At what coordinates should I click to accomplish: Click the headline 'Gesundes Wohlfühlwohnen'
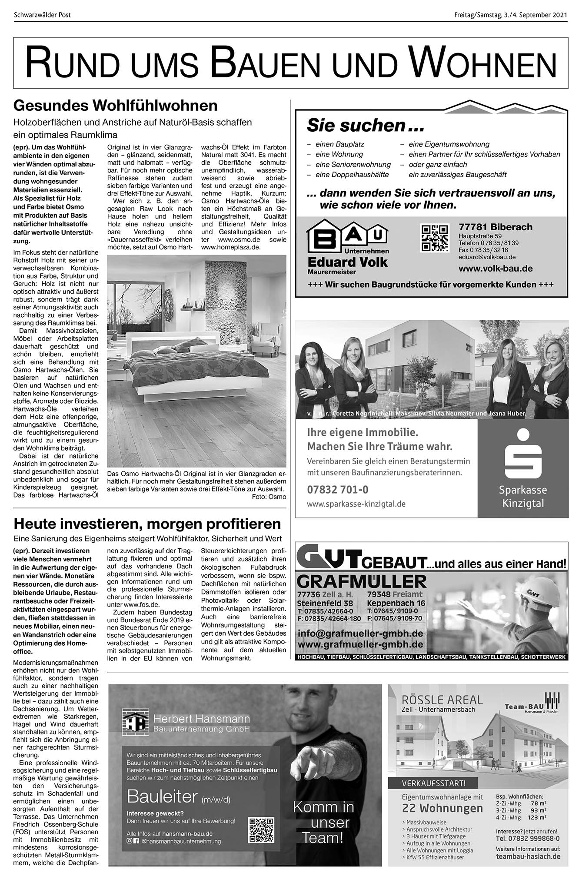pyautogui.click(x=115, y=106)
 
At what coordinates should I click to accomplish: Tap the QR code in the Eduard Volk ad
pyautogui.click(x=434, y=238)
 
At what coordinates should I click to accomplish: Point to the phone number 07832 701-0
pyautogui.click(x=337, y=490)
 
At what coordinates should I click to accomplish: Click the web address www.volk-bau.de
pyautogui.click(x=496, y=269)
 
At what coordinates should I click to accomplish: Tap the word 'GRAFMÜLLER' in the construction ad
pyautogui.click(x=362, y=582)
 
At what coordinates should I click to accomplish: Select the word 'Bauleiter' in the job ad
pyautogui.click(x=162, y=796)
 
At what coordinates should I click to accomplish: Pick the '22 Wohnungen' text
pyautogui.click(x=443, y=809)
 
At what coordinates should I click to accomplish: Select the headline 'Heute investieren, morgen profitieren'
pyautogui.click(x=147, y=524)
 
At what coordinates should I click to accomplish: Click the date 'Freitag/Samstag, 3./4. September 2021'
pyautogui.click(x=511, y=15)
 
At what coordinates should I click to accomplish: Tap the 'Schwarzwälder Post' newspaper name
pyautogui.click(x=42, y=15)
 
